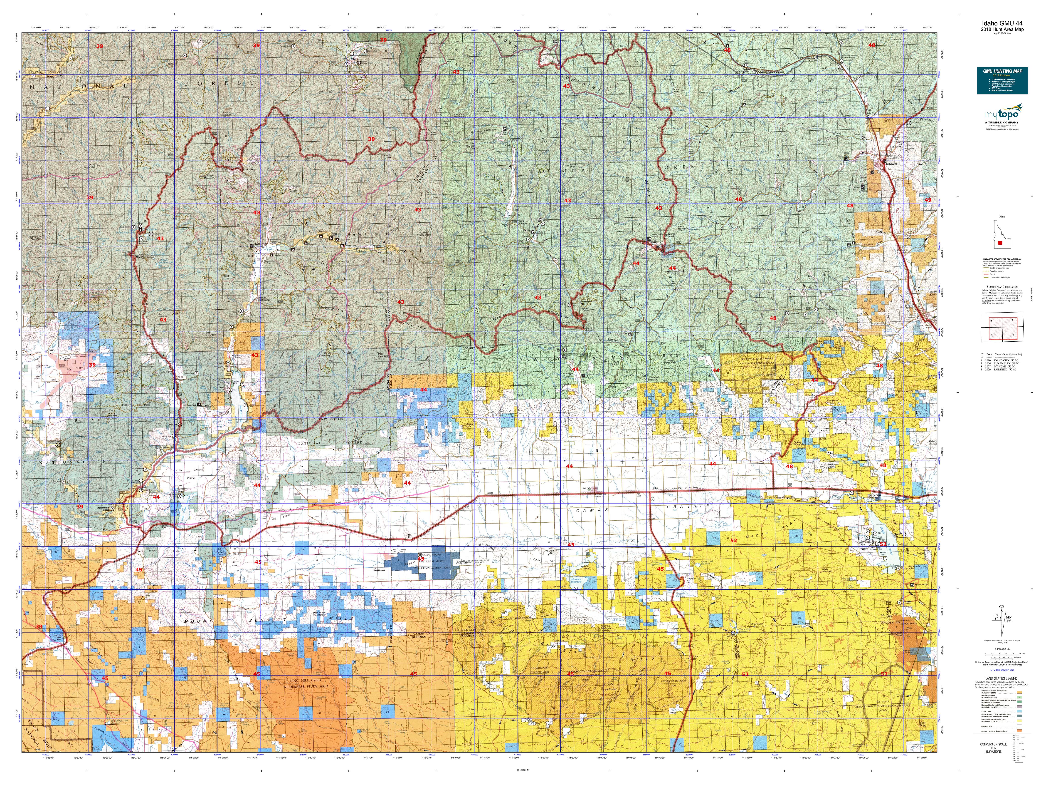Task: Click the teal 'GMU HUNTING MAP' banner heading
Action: tap(1002, 71)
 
